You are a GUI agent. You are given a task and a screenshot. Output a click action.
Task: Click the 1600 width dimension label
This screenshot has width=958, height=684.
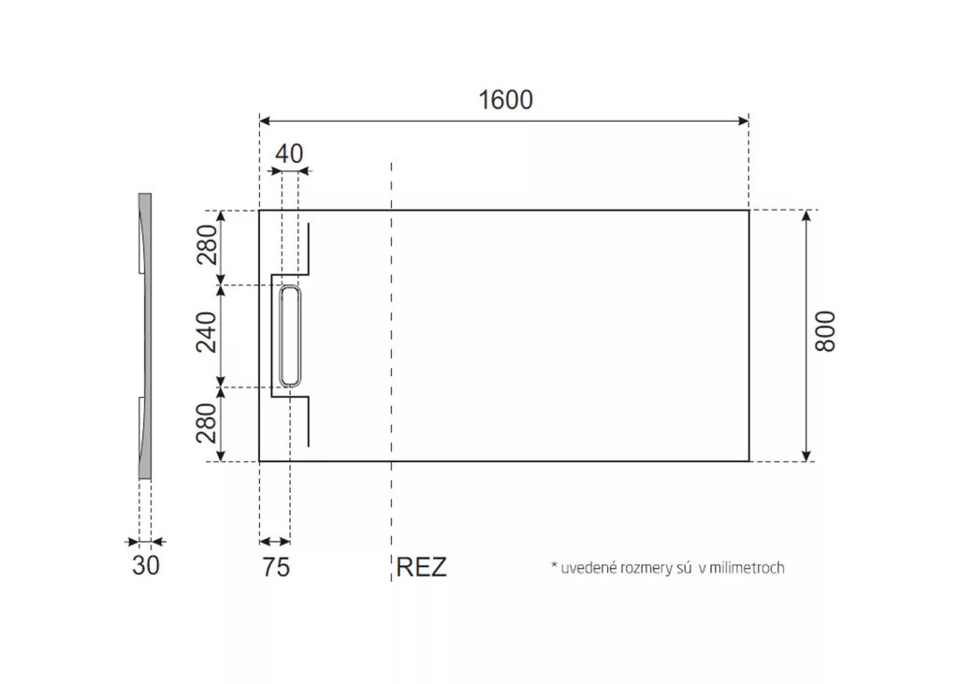(505, 99)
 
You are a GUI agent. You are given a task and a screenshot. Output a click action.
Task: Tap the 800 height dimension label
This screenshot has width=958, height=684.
(825, 331)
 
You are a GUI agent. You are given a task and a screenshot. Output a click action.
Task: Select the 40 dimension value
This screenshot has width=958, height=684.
(289, 153)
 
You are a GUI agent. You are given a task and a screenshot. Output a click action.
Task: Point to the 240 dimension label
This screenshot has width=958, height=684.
(207, 332)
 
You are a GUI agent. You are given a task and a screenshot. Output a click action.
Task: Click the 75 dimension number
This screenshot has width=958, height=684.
(276, 567)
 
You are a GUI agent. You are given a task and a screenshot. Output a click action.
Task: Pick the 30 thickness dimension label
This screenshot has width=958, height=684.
(145, 565)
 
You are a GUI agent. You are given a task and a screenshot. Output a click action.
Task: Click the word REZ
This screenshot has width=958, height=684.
(421, 567)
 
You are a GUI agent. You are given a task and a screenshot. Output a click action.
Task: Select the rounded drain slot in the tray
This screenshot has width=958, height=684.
(290, 336)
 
